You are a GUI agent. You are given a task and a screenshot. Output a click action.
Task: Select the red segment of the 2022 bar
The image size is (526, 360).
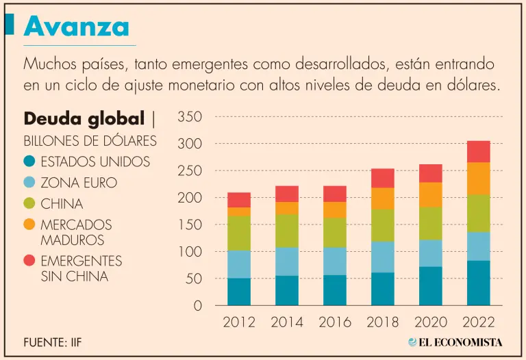[478, 151]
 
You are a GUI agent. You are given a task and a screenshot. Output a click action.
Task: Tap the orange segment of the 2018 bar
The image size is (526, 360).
[382, 198]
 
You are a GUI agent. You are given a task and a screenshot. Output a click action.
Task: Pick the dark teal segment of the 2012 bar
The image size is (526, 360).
[239, 292]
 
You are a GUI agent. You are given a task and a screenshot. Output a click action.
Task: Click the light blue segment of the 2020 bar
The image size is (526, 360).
[430, 253]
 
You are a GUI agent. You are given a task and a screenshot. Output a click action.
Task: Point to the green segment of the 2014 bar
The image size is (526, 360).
[287, 231]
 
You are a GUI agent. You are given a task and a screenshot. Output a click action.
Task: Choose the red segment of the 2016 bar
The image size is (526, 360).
[335, 194]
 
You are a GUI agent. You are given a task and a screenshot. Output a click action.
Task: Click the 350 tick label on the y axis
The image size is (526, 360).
[190, 117]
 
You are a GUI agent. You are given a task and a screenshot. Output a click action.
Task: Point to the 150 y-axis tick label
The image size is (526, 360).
[190, 225]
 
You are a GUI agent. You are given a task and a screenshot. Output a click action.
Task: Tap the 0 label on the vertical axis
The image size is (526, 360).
[198, 306]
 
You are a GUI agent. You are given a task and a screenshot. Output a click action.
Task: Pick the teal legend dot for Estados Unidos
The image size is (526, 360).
[29, 162]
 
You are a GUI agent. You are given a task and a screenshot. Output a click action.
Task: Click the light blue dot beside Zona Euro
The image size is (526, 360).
[29, 183]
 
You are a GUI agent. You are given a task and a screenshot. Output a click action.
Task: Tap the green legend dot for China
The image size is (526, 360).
[29, 203]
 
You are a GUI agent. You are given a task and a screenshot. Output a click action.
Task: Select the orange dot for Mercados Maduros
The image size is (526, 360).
[29, 224]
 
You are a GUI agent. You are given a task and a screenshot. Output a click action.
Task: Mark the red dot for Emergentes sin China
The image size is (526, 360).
[29, 261]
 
